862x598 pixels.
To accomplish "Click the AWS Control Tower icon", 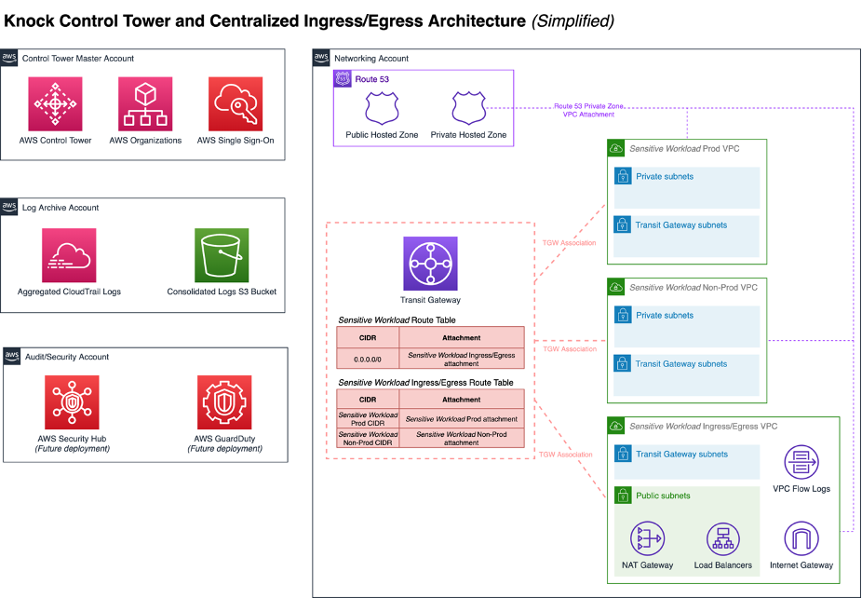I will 56,103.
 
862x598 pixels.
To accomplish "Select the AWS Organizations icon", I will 145,103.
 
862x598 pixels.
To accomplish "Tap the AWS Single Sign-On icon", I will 236,103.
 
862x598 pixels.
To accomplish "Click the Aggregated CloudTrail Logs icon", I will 69,255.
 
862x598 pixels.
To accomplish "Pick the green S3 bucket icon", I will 222,255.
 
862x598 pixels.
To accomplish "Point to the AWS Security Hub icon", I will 72,402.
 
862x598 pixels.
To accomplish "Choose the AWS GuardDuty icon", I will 224,402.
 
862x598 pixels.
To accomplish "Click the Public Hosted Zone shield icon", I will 383,108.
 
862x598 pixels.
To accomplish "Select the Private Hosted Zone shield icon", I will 468,108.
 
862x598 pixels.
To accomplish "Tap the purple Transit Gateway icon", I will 430,264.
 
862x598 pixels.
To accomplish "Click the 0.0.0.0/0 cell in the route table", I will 368,359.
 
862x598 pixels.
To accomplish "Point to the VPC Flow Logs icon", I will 801,463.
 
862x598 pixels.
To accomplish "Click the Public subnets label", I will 663,496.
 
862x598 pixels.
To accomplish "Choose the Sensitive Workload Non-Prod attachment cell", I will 462,438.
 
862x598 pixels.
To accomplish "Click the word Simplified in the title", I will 572,20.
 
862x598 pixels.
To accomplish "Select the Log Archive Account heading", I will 61,208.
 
